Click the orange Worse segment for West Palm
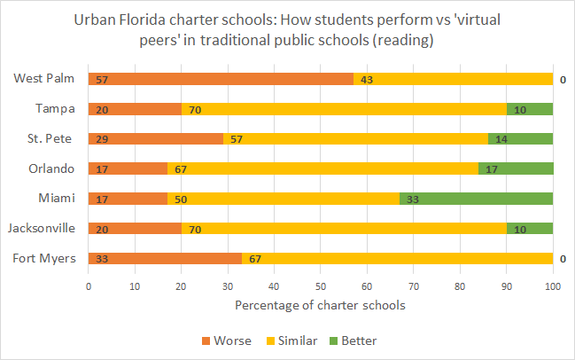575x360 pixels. point(221,79)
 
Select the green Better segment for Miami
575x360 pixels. point(476,200)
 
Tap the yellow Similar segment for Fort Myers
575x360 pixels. point(397,259)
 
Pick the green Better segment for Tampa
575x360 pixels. point(529,109)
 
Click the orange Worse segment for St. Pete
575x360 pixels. point(155,139)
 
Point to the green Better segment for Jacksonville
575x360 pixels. point(529,229)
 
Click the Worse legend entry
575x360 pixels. point(227,340)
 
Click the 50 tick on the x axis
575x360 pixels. point(321,286)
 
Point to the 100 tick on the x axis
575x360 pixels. point(552,286)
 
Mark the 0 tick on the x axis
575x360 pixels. point(89,286)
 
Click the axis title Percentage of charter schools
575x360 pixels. point(320,306)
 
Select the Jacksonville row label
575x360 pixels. point(43,229)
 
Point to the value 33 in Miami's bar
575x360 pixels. point(412,200)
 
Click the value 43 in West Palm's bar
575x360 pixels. point(365,79)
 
